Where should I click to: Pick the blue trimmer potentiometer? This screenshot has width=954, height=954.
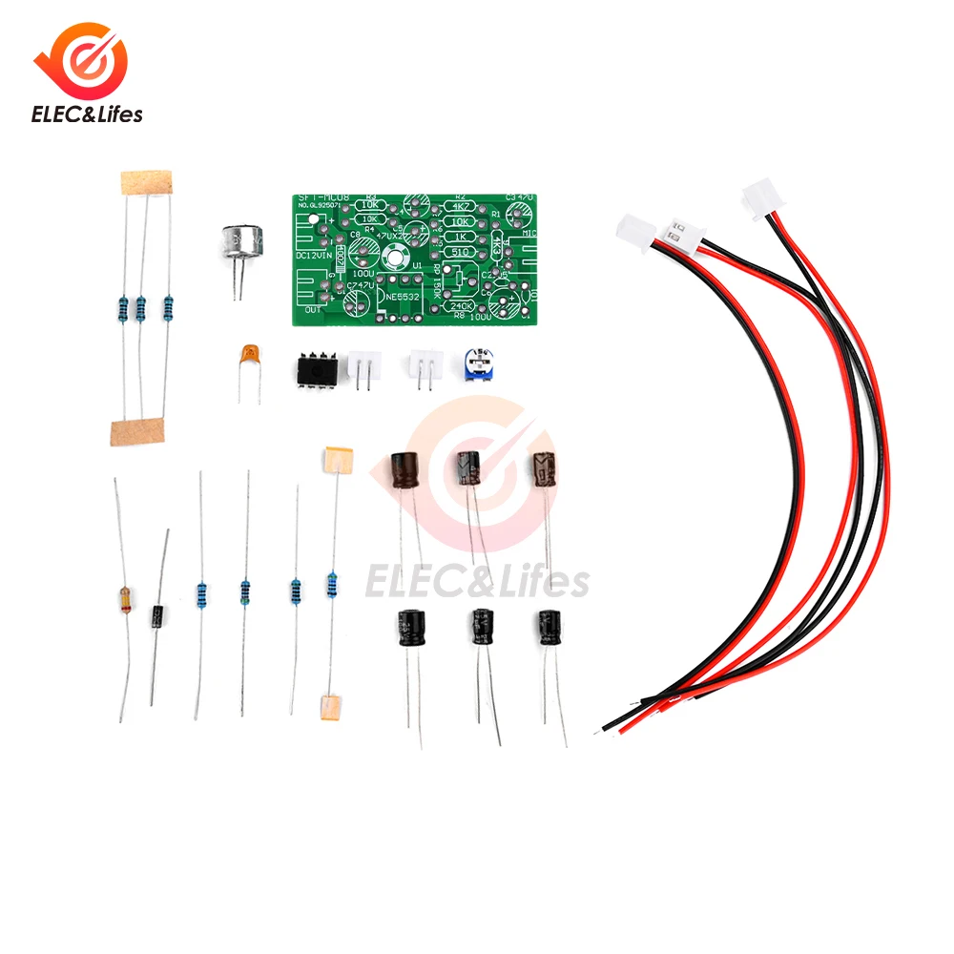pos(476,364)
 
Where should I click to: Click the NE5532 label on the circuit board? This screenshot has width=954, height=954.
pos(399,298)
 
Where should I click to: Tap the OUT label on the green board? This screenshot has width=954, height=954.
pos(311,309)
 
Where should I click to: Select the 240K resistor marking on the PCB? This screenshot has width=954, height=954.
pos(463,306)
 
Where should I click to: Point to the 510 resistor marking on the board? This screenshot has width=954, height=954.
pos(462,251)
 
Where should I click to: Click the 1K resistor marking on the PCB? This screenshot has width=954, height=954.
pos(462,236)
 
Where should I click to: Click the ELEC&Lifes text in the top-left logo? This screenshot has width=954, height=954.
pos(87,114)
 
